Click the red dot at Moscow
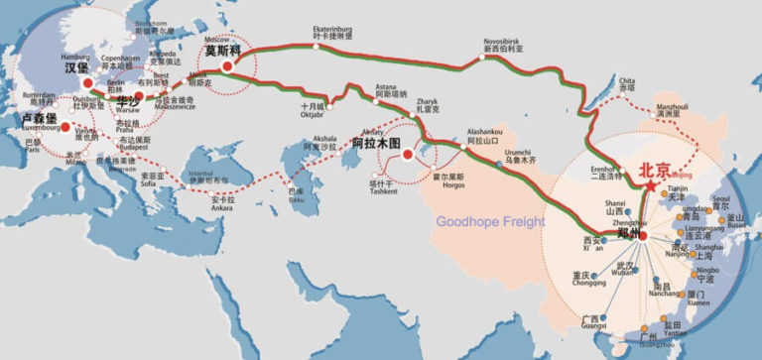point(227,65)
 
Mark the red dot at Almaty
point(407,155)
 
